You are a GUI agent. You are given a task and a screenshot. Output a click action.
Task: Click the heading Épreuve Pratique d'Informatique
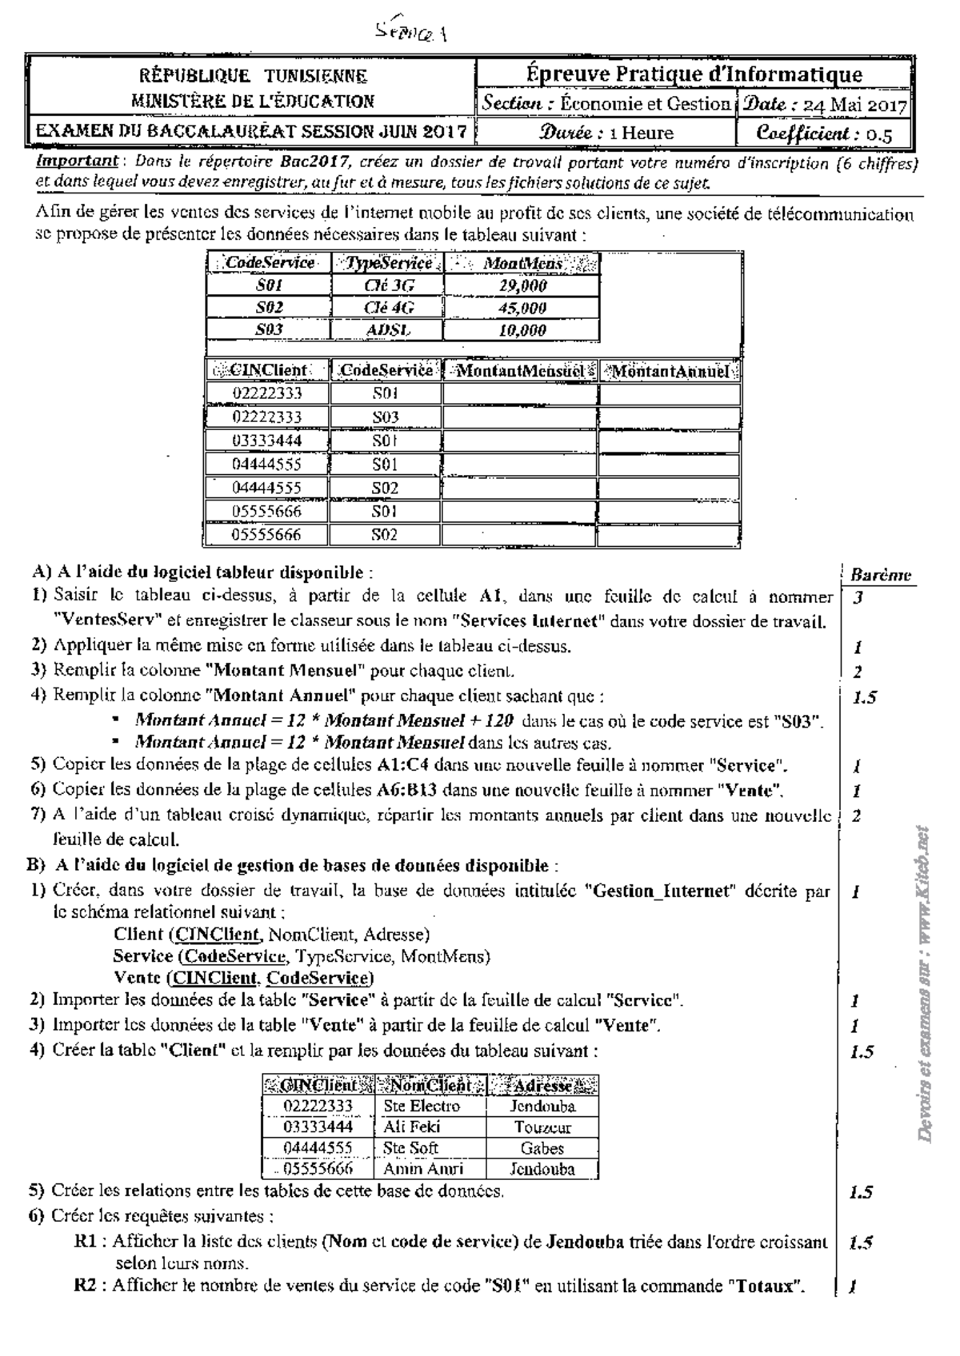tap(694, 74)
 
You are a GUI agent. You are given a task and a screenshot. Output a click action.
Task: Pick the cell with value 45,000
tap(522, 308)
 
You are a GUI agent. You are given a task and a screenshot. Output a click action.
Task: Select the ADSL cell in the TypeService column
tap(386, 330)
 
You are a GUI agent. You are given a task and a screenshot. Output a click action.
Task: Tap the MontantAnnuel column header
tap(670, 371)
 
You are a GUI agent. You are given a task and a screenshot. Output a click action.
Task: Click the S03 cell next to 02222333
tap(385, 417)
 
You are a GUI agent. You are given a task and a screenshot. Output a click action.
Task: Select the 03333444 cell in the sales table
tap(267, 441)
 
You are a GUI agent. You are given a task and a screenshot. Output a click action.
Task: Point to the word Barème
tap(880, 575)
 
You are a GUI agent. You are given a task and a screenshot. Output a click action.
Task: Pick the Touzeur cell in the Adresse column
tap(542, 1127)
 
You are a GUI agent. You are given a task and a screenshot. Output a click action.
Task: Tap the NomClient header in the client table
tap(430, 1086)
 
